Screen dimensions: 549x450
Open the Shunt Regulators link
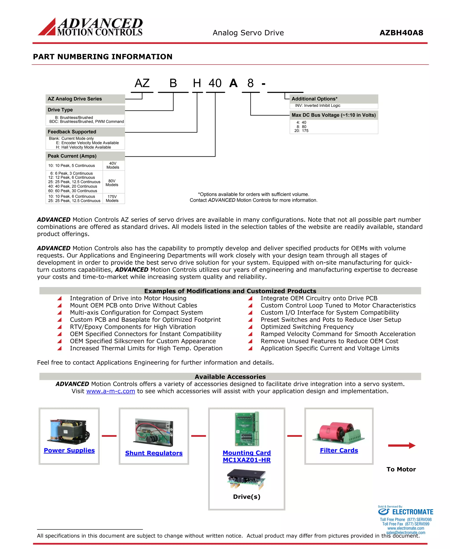(x=154, y=453)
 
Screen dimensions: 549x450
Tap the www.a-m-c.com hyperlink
(x=111, y=391)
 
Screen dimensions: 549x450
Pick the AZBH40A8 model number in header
(x=401, y=33)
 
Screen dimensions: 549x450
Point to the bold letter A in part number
(x=233, y=83)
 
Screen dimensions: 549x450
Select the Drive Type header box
(x=85, y=110)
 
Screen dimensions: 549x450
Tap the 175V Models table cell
(x=112, y=199)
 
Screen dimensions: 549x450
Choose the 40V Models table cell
(x=113, y=165)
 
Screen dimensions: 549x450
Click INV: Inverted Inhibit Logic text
(x=318, y=105)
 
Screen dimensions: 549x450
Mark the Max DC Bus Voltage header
(x=334, y=115)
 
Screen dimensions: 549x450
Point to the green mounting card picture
(x=247, y=429)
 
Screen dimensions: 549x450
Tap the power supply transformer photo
(x=68, y=431)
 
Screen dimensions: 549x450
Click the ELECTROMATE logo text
(x=412, y=512)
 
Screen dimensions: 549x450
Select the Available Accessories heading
(x=230, y=377)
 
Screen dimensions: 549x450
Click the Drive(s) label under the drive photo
(x=247, y=497)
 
